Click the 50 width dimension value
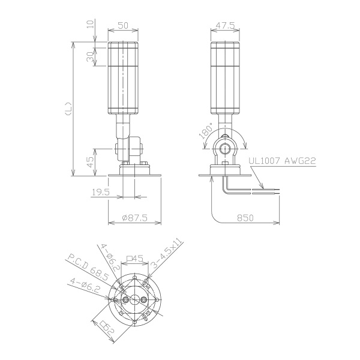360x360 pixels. pyautogui.click(x=123, y=25)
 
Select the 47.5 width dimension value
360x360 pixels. pyautogui.click(x=225, y=25)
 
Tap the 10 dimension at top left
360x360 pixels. pyautogui.click(x=91, y=24)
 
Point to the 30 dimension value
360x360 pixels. pyautogui.click(x=91, y=56)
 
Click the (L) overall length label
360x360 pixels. pyautogui.click(x=68, y=109)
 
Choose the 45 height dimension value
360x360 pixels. pyautogui.click(x=91, y=162)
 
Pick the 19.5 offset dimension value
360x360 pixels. pyautogui.click(x=101, y=192)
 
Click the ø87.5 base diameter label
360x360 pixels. pyautogui.click(x=135, y=217)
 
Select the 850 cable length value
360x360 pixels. pyautogui.click(x=245, y=217)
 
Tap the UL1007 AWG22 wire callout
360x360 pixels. pyautogui.click(x=283, y=160)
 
